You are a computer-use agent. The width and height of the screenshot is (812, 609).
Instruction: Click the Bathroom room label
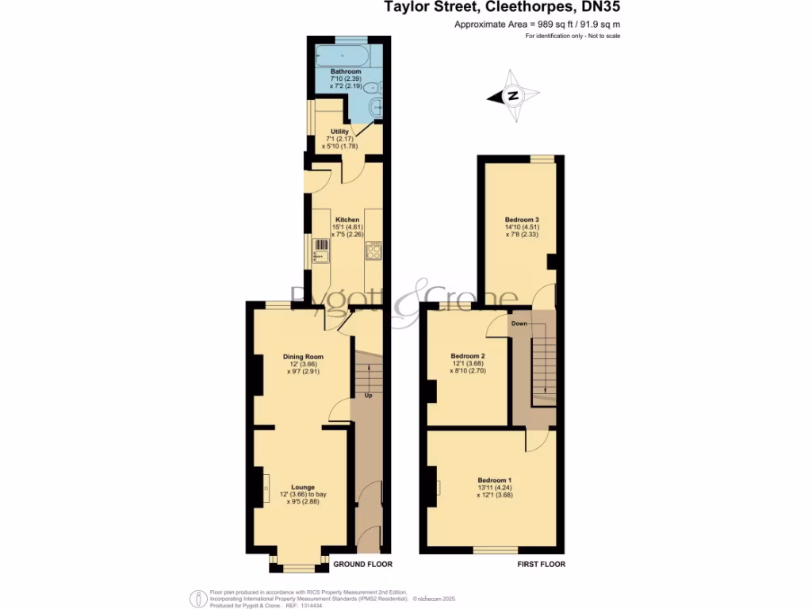pyautogui.click(x=346, y=71)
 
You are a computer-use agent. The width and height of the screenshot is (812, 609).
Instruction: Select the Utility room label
pyautogui.click(x=340, y=132)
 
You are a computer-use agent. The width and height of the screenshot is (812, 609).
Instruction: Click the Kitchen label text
pyautogui.click(x=347, y=220)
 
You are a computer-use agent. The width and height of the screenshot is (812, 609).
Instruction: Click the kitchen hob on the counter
pyautogui.click(x=373, y=252)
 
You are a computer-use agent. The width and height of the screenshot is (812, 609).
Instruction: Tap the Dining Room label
pyautogui.click(x=304, y=357)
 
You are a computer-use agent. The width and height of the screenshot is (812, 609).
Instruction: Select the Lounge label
pyautogui.click(x=303, y=487)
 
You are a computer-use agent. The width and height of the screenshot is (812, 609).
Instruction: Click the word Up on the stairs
pyautogui.click(x=368, y=395)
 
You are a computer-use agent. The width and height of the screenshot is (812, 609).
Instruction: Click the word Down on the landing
pyautogui.click(x=519, y=324)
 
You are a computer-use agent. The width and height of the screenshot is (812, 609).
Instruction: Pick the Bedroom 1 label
pyautogui.click(x=494, y=481)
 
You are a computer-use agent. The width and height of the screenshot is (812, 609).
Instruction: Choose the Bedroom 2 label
pyautogui.click(x=468, y=356)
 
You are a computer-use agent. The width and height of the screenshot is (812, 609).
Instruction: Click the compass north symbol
pyautogui.click(x=513, y=97)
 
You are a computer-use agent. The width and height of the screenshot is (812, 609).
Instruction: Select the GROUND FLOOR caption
pyautogui.click(x=362, y=565)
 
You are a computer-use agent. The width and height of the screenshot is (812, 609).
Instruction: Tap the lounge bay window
pyautogui.click(x=299, y=566)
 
